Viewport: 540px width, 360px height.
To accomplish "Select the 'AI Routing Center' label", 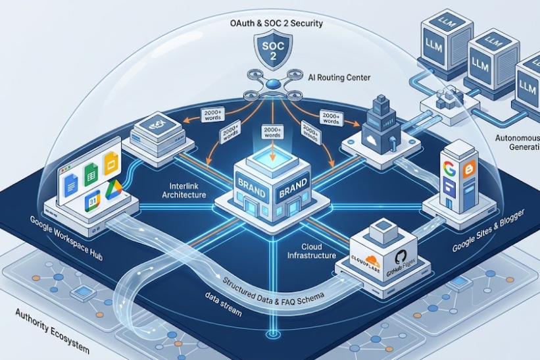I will click(x=339, y=78).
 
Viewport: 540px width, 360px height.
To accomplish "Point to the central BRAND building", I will click(x=270, y=188).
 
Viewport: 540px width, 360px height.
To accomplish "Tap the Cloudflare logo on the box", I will click(x=367, y=253).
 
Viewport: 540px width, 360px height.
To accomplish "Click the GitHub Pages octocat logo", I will click(x=399, y=257).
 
